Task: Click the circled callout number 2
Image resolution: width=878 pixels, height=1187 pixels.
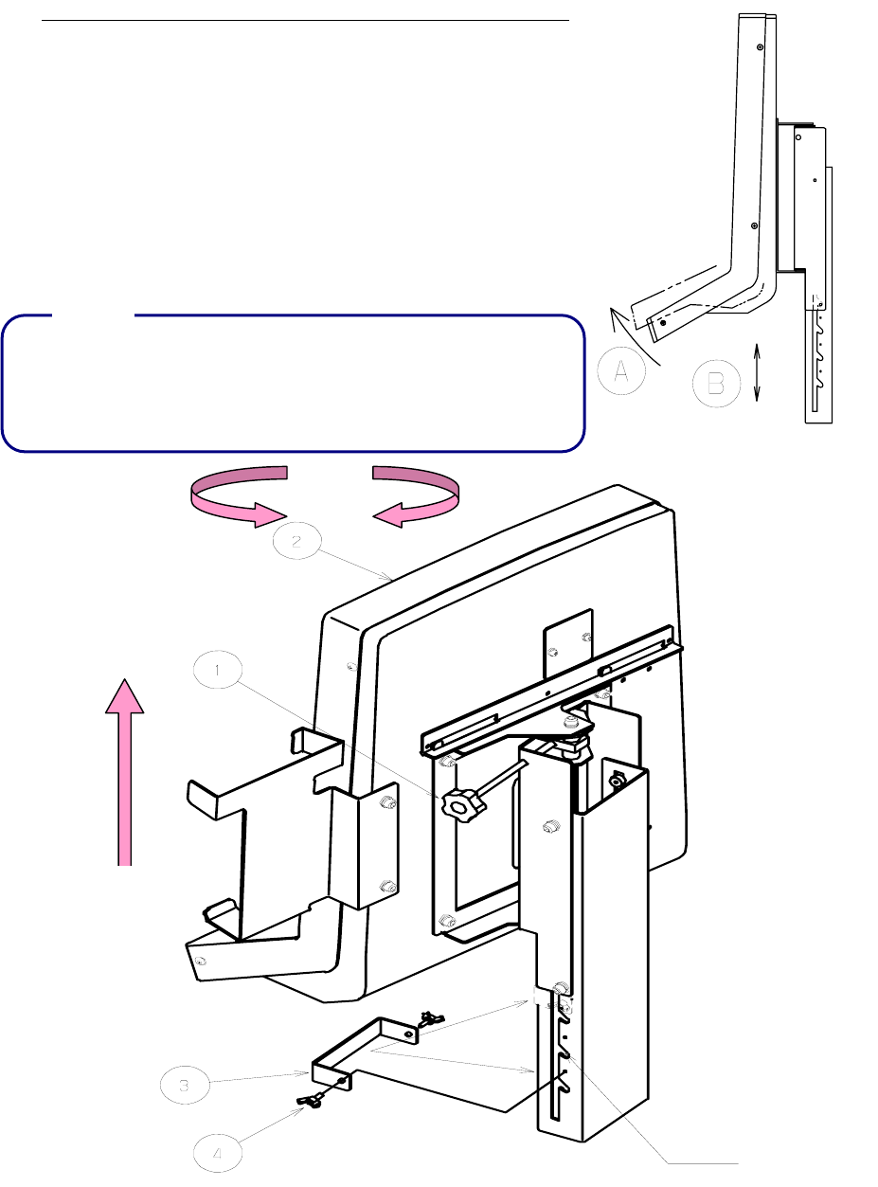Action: click(296, 542)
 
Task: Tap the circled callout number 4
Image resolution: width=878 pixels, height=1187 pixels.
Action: click(217, 1153)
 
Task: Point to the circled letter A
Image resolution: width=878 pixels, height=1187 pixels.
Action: click(622, 375)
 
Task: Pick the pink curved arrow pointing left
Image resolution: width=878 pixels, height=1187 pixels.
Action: click(417, 495)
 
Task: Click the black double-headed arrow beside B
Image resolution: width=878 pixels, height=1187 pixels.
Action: click(758, 373)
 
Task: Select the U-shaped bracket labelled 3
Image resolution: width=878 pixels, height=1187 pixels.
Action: click(379, 1052)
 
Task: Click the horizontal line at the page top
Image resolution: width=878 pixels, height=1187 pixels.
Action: click(305, 19)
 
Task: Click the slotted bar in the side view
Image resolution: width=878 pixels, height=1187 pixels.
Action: click(817, 365)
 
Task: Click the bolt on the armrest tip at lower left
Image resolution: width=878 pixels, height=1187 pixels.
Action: click(200, 960)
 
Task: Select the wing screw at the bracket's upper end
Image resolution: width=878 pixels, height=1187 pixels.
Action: click(432, 1019)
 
